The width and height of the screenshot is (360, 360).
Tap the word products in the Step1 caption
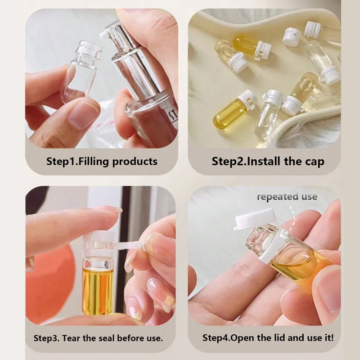click(x=135, y=162)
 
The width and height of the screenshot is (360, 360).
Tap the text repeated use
click(x=287, y=197)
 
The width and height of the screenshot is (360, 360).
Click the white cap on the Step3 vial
click(x=99, y=244)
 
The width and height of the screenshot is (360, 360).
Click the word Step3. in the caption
click(x=47, y=338)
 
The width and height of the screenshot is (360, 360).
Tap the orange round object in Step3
click(x=50, y=285)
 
